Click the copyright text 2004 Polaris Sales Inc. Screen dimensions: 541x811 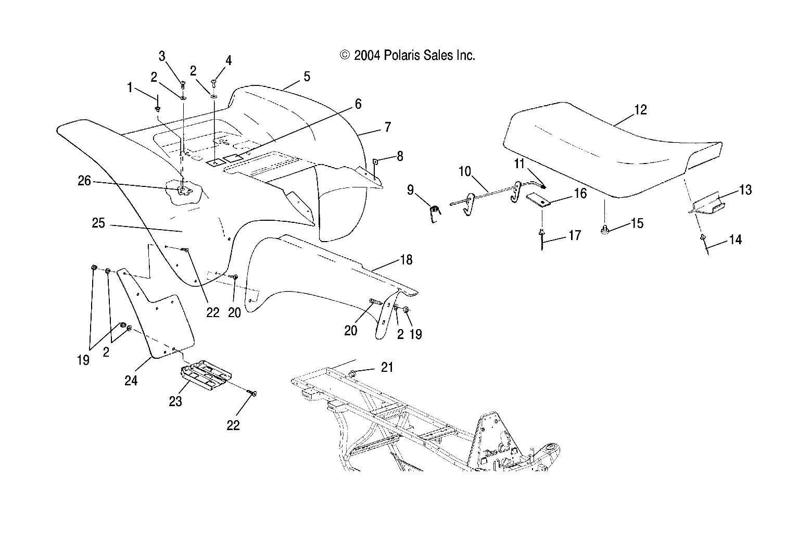coord(408,55)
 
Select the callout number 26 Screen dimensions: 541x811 coord(84,181)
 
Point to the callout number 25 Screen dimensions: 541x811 coord(98,223)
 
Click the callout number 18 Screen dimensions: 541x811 coord(406,259)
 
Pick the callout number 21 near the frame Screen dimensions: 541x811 coord(387,368)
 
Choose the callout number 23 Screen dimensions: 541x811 coord(175,402)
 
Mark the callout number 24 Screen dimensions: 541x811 coord(131,381)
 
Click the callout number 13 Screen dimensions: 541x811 coord(745,190)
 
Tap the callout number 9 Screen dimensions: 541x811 coord(411,190)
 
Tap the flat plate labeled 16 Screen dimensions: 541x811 coord(539,200)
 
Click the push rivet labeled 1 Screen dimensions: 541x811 coord(157,109)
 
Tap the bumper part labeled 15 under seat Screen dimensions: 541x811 coord(605,229)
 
